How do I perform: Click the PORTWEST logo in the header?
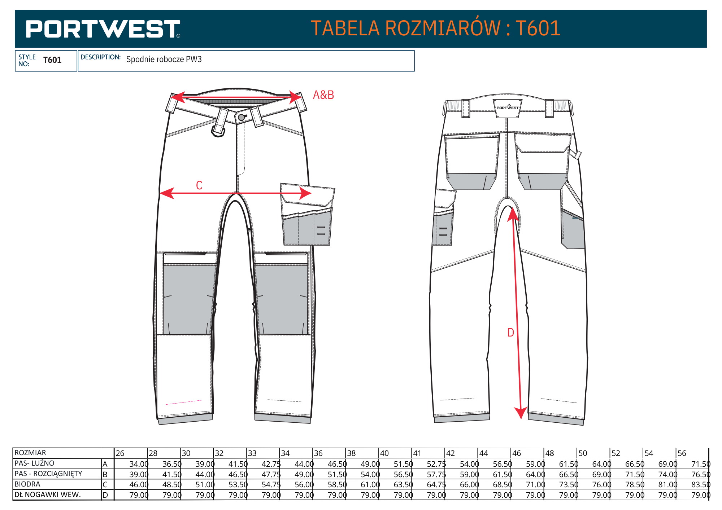click(x=103, y=29)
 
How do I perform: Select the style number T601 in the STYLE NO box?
click(x=52, y=60)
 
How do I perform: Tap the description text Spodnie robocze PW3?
click(x=164, y=60)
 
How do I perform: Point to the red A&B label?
click(x=323, y=95)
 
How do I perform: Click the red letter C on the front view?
click(x=199, y=185)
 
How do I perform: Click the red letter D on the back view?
click(x=510, y=333)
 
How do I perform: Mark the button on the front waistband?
click(x=242, y=117)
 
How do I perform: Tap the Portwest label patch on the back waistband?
click(x=507, y=108)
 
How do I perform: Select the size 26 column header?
click(x=120, y=453)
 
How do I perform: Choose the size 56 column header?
click(x=682, y=453)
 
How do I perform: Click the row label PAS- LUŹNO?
click(x=34, y=463)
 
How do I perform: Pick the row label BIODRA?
click(x=27, y=484)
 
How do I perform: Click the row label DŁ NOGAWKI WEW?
click(x=48, y=495)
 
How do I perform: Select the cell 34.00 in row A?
click(x=139, y=464)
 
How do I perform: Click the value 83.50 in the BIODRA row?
click(x=701, y=485)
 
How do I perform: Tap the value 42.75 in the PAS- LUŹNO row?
click(x=271, y=464)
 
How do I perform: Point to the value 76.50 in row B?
click(x=701, y=475)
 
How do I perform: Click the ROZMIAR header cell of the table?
click(x=30, y=453)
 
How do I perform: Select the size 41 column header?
click(x=417, y=453)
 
